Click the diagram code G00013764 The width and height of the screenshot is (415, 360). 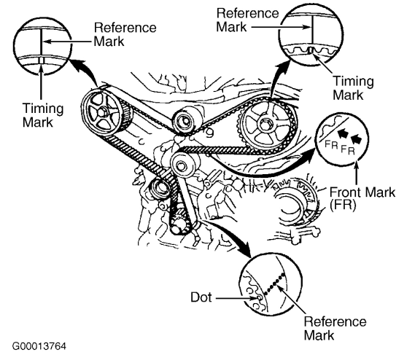click(39, 346)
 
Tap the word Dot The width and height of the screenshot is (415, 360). click(201, 297)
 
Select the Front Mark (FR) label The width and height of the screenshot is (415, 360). click(362, 198)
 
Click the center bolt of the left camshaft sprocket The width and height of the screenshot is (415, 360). click(101, 113)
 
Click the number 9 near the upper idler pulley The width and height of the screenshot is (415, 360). click(209, 133)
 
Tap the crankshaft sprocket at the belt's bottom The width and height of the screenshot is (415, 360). click(179, 222)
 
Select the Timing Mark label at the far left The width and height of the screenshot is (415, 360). click(43, 115)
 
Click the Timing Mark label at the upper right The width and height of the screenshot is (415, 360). click(353, 88)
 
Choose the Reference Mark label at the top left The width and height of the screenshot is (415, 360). click(125, 35)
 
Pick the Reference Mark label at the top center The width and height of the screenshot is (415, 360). click(247, 20)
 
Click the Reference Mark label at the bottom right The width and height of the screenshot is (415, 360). click(335, 328)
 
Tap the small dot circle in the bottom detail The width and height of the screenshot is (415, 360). click(260, 297)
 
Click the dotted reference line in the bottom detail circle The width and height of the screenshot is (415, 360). click(274, 284)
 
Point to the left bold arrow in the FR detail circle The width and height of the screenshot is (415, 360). click(344, 133)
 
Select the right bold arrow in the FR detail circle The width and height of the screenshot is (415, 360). click(356, 139)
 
